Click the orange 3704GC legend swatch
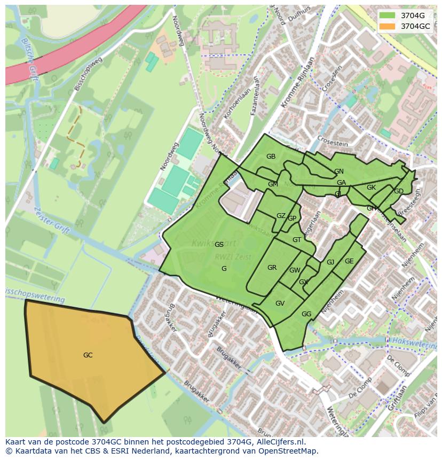(x=388, y=26)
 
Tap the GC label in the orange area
(x=88, y=355)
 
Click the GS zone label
(x=219, y=245)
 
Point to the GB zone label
(x=271, y=157)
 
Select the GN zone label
(x=339, y=171)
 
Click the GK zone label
(x=371, y=188)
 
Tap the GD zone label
(x=399, y=191)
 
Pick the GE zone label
(x=349, y=261)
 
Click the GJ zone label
(x=330, y=262)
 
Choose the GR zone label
(x=272, y=268)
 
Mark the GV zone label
(x=280, y=303)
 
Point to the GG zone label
(x=306, y=314)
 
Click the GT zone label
(x=297, y=240)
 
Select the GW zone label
(x=295, y=270)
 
